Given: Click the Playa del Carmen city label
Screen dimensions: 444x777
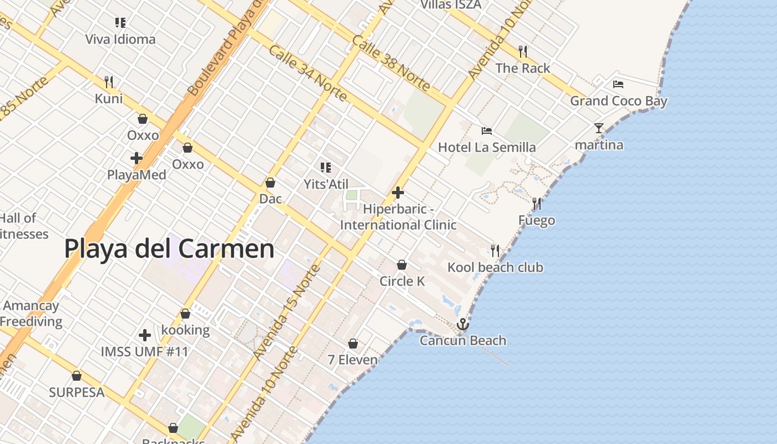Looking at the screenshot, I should (x=169, y=249).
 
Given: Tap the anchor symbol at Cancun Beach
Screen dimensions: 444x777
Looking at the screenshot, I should (x=462, y=324).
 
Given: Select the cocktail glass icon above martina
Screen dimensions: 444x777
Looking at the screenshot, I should (x=598, y=128).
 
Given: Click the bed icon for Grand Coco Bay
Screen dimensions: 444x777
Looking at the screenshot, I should (x=618, y=84).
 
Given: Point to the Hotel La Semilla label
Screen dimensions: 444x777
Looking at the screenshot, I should (x=487, y=147).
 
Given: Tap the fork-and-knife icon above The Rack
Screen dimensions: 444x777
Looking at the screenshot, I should (x=522, y=52).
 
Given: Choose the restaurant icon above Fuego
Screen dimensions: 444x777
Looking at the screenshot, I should (x=537, y=204).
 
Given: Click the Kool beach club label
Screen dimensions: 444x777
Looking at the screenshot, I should (x=495, y=268).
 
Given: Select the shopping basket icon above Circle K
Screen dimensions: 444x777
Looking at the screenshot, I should (x=402, y=265).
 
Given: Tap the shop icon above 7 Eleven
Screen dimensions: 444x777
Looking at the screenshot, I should (x=352, y=344).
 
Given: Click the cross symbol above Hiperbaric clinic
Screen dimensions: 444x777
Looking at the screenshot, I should (x=398, y=193).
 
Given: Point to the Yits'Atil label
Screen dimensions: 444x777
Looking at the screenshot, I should (x=326, y=184).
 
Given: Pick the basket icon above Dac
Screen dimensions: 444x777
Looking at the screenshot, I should (x=270, y=183).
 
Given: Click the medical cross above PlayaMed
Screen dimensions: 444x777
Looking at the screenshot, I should (x=137, y=158).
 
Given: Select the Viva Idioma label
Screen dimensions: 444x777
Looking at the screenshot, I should (x=120, y=39).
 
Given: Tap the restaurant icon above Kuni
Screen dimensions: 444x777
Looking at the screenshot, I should (x=109, y=82).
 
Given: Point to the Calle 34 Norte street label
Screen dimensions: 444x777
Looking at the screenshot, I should (x=307, y=73).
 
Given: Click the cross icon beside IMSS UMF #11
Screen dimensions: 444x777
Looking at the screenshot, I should (x=145, y=335).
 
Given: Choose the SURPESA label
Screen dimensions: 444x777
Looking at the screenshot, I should (x=77, y=392).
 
